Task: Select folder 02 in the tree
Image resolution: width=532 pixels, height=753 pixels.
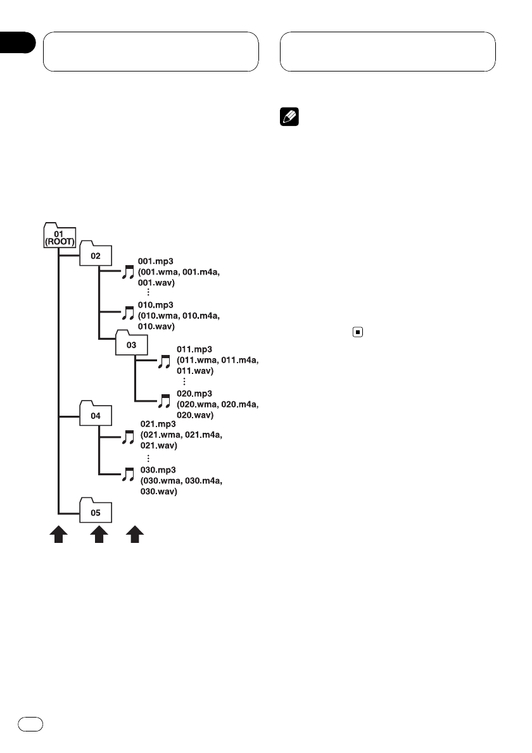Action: click(95, 255)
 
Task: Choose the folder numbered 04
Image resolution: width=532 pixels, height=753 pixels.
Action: click(96, 415)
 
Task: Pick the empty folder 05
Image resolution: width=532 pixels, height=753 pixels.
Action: click(96, 511)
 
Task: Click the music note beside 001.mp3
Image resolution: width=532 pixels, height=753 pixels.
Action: click(128, 272)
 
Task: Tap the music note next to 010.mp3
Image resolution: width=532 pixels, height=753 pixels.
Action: click(128, 313)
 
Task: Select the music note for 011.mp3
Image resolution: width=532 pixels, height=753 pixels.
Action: click(164, 362)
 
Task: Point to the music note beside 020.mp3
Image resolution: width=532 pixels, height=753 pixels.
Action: click(164, 401)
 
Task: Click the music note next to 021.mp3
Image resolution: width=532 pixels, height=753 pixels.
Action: click(128, 436)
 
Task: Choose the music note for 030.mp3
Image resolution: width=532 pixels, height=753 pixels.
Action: click(128, 474)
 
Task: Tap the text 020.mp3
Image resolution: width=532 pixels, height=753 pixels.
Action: click(191, 392)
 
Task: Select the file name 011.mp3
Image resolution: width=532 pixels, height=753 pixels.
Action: click(191, 349)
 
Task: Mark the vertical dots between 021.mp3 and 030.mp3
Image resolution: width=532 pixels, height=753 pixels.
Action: click(148, 458)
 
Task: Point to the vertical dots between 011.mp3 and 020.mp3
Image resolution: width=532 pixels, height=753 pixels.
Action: click(184, 382)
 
